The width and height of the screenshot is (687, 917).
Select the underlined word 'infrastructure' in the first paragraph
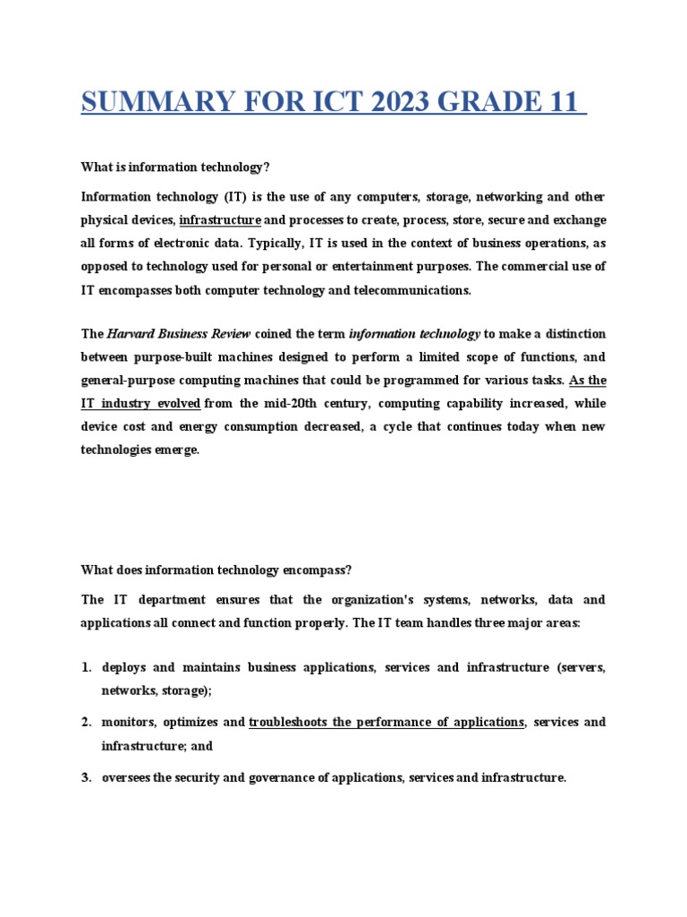point(220,220)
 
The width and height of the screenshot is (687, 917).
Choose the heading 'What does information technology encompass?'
point(216,570)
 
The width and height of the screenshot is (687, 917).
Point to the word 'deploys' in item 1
point(124,668)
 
